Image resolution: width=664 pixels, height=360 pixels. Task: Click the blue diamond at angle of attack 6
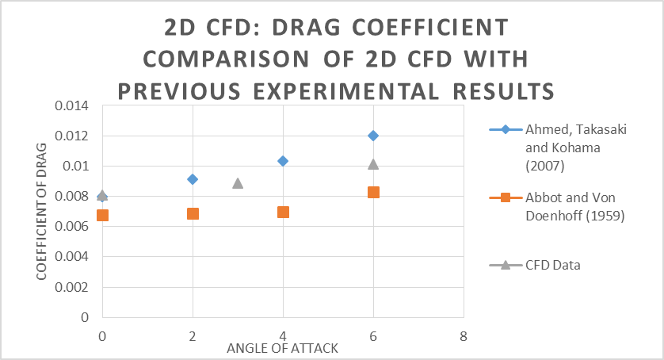(x=373, y=136)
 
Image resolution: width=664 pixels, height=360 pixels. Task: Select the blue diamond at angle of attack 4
(x=283, y=161)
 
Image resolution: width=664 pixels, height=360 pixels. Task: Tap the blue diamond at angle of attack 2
(x=193, y=179)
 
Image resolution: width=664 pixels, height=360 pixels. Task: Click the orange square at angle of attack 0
(x=102, y=215)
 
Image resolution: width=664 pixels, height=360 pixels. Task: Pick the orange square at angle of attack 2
(x=193, y=213)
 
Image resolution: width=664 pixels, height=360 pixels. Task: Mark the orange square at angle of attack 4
(x=283, y=212)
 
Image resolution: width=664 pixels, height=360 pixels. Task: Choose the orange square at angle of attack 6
(x=373, y=192)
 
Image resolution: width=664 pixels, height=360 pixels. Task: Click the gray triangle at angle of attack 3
(x=238, y=183)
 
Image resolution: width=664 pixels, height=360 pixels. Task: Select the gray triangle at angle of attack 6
(x=373, y=164)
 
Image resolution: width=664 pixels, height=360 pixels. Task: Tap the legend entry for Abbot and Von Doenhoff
(x=564, y=205)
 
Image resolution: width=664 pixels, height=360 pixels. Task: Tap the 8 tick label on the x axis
(x=464, y=335)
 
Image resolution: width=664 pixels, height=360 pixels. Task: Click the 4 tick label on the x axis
(x=283, y=335)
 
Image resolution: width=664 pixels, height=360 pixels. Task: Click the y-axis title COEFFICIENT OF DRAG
(x=41, y=211)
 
